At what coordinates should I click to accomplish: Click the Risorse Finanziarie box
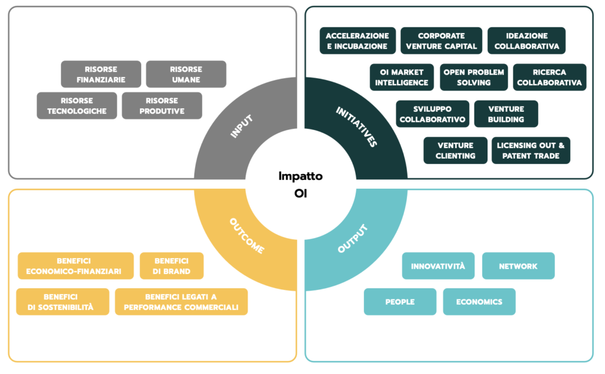click(101, 74)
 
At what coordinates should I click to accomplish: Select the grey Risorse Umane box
click(186, 74)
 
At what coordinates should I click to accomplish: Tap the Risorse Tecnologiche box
click(77, 105)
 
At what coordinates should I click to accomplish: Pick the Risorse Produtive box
click(162, 105)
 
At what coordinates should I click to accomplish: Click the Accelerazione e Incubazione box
click(357, 41)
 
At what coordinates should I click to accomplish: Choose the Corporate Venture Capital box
click(441, 41)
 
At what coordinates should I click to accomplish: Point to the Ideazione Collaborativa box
click(526, 41)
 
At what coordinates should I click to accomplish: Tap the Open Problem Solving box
click(474, 78)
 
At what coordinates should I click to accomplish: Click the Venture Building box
click(506, 114)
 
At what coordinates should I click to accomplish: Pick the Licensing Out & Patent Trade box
click(531, 150)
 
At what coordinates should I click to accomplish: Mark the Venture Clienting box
click(456, 150)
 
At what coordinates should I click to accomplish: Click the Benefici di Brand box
click(172, 266)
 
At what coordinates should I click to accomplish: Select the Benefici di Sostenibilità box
click(63, 302)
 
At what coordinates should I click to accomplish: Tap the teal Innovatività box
click(438, 266)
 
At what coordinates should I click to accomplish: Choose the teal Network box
click(518, 266)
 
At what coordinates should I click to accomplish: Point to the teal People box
click(400, 302)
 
